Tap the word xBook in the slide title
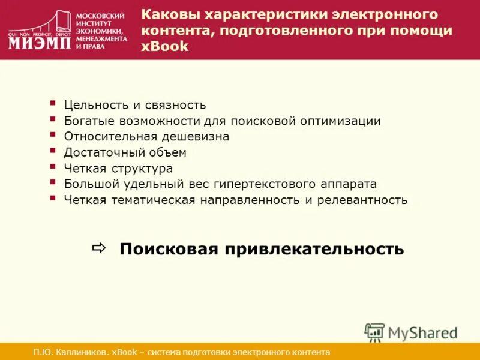[165, 47]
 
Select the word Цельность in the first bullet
[94, 105]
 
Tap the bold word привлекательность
[314, 249]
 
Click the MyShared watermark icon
[374, 332]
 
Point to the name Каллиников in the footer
[78, 352]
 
